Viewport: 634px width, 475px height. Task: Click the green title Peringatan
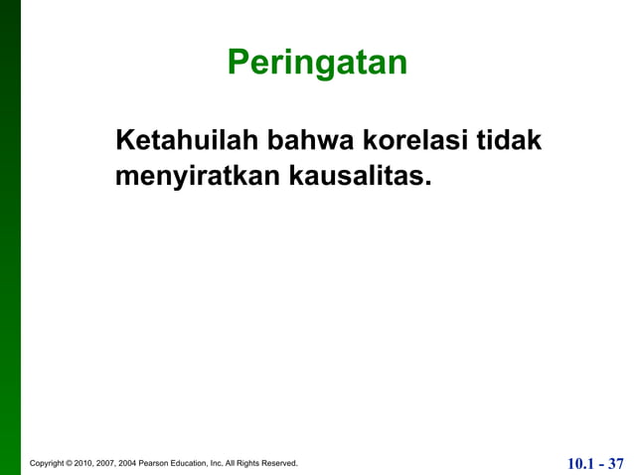pyautogui.click(x=317, y=63)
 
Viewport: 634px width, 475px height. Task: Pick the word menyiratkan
pyautogui.click(x=199, y=177)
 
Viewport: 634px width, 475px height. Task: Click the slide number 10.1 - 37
pyautogui.click(x=595, y=463)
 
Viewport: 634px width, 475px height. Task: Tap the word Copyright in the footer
pyautogui.click(x=50, y=464)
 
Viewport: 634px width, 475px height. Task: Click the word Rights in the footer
pyautogui.click(x=249, y=464)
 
